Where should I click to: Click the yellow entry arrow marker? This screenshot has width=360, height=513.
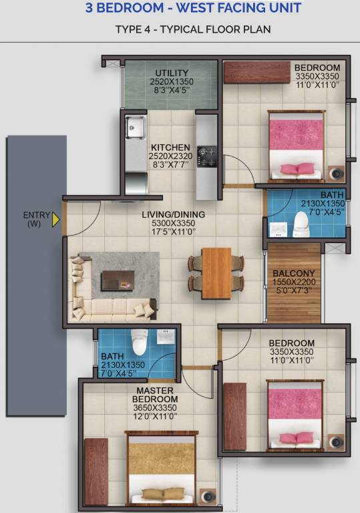[57, 219]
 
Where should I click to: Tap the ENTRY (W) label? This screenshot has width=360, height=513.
[36, 219]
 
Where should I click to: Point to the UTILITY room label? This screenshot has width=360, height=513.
[170, 73]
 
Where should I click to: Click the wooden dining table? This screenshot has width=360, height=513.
[216, 273]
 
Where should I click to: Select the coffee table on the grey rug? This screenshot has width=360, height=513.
[117, 281]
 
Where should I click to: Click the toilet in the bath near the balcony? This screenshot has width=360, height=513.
[302, 224]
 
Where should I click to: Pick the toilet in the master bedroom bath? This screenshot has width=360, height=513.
[140, 342]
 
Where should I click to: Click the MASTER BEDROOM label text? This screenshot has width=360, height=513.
[155, 394]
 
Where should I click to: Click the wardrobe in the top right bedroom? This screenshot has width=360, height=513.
[256, 72]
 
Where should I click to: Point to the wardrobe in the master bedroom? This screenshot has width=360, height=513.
[97, 471]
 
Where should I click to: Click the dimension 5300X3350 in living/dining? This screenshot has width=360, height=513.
[173, 224]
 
